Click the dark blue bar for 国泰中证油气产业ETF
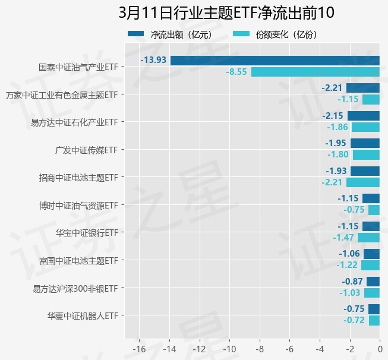[275, 60]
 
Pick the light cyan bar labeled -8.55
[316, 72]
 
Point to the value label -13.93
[153, 60]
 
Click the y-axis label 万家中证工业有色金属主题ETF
[61, 95]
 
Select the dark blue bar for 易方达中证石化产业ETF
[364, 115]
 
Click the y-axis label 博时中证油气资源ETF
[78, 206]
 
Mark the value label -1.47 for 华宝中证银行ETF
[343, 238]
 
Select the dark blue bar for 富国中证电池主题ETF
[372, 254]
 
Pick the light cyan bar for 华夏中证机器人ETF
[374, 320]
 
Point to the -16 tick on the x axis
[140, 348]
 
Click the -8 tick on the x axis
[260, 348]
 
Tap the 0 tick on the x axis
[380, 348]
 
